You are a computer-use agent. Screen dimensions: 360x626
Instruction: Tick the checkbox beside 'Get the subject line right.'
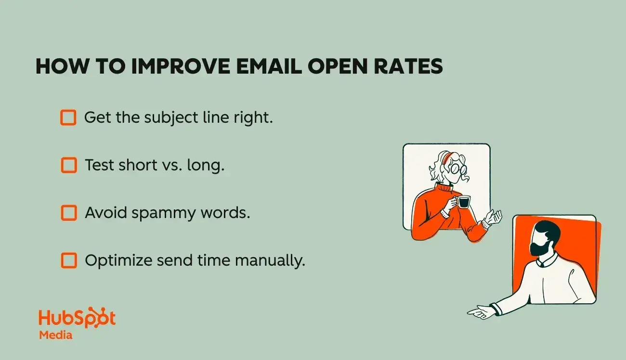point(68,117)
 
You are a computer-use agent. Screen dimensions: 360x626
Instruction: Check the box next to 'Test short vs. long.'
point(68,165)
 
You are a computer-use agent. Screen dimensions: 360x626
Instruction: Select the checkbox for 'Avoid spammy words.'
point(68,213)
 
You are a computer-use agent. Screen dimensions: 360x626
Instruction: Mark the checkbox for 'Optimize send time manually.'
point(68,260)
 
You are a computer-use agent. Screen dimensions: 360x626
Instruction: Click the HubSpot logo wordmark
point(77,318)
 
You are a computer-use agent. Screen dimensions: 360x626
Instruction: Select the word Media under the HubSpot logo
point(56,335)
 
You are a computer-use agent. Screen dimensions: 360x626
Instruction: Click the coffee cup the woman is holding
point(463,202)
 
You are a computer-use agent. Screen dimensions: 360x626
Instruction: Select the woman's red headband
point(448,157)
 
